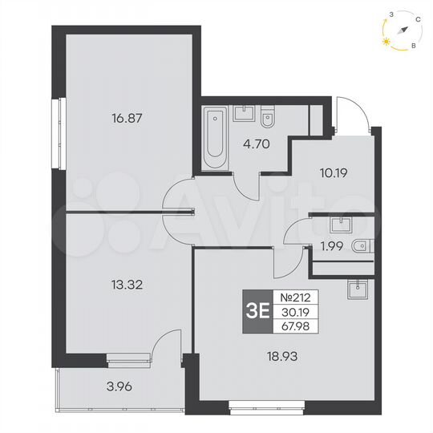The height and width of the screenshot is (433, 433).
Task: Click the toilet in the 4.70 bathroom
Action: click(x=268, y=119)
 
